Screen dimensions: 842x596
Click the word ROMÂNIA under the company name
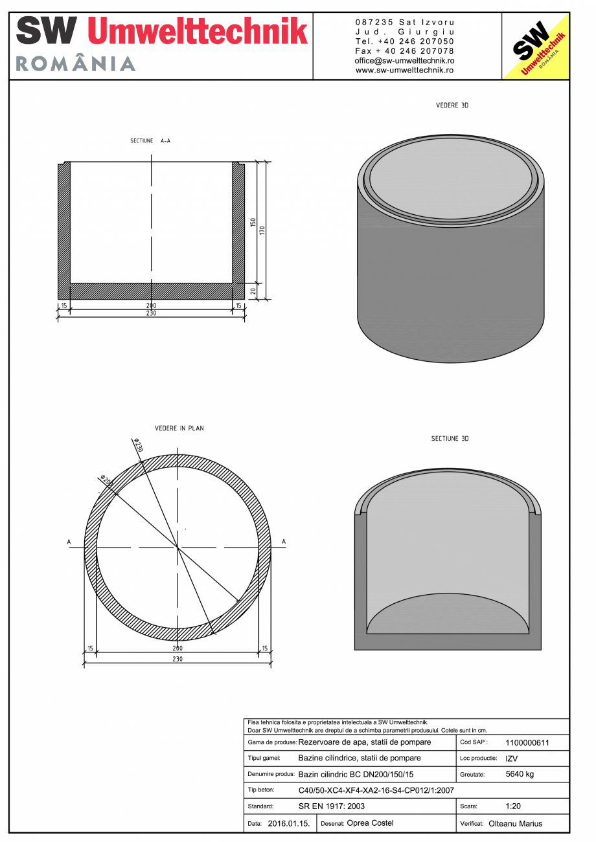(x=75, y=63)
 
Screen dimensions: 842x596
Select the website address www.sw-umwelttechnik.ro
(x=404, y=70)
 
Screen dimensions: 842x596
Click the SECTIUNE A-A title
(x=150, y=140)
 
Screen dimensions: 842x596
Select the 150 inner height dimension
(x=253, y=223)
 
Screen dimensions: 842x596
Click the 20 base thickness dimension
(x=253, y=291)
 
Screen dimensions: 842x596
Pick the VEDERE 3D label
(x=452, y=105)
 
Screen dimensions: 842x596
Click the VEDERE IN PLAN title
(x=179, y=428)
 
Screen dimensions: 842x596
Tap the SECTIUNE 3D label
(x=450, y=439)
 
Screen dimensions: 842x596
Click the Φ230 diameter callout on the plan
(x=138, y=445)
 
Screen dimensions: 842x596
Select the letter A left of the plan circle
(x=69, y=542)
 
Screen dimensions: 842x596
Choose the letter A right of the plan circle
(x=284, y=542)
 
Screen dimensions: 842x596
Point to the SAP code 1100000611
(x=527, y=743)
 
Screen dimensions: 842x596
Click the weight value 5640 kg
(x=520, y=774)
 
